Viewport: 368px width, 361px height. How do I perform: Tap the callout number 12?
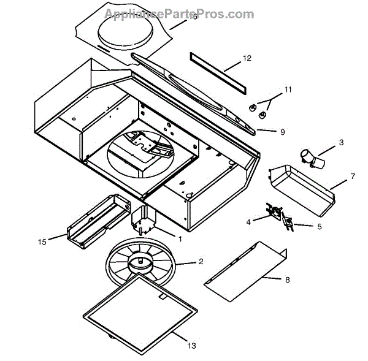click(247, 58)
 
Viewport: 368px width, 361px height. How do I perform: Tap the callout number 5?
click(318, 227)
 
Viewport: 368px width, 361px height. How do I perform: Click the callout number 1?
click(180, 238)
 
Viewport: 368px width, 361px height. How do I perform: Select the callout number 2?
click(201, 262)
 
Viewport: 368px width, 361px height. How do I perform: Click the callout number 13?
click(191, 346)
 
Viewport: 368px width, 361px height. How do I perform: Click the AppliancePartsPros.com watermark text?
click(178, 13)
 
